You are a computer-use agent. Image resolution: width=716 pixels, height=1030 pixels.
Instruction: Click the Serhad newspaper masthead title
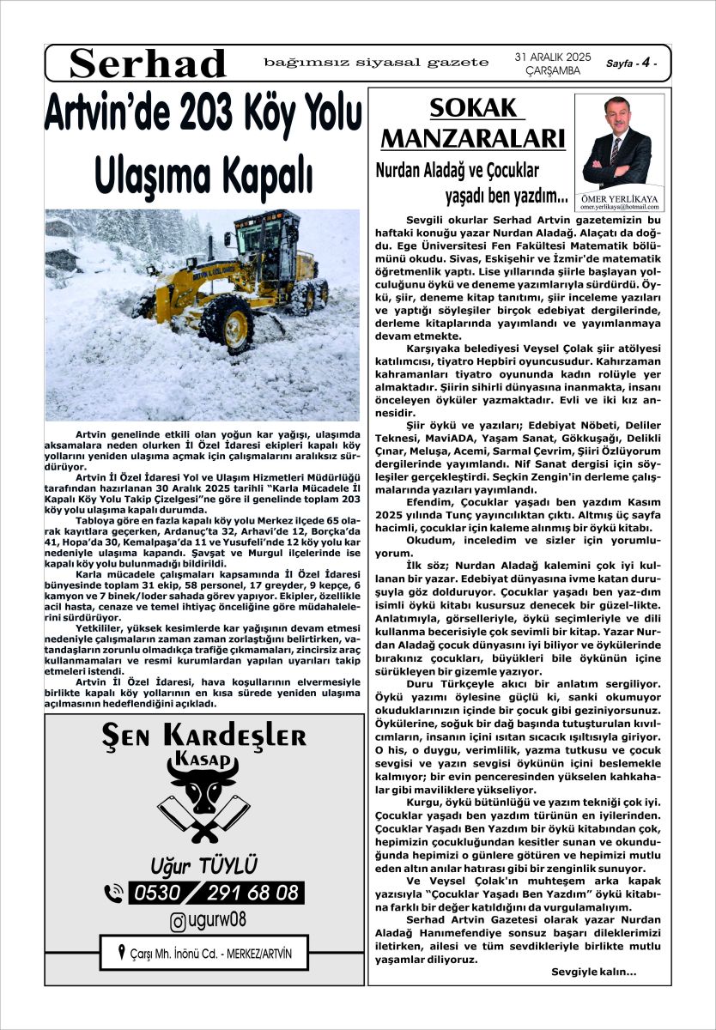[x=148, y=63]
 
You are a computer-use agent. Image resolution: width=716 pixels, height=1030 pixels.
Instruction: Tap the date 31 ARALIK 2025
[x=553, y=57]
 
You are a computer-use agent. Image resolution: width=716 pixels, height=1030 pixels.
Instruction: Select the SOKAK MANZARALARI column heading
[x=472, y=123]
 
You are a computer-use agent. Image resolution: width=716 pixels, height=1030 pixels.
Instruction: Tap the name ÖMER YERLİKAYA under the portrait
[x=617, y=197]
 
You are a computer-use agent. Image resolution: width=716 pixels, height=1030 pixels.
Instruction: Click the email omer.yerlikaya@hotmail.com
[x=617, y=207]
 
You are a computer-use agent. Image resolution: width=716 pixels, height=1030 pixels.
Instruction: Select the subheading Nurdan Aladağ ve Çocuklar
[x=457, y=170]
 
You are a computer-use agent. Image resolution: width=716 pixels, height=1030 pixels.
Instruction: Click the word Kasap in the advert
[x=203, y=760]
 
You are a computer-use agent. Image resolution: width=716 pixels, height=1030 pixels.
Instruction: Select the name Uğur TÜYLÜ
[x=203, y=863]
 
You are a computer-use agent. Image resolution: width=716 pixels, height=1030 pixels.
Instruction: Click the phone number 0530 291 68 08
[x=215, y=893]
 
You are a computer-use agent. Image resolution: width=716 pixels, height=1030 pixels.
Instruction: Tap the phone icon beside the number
[x=113, y=894]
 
